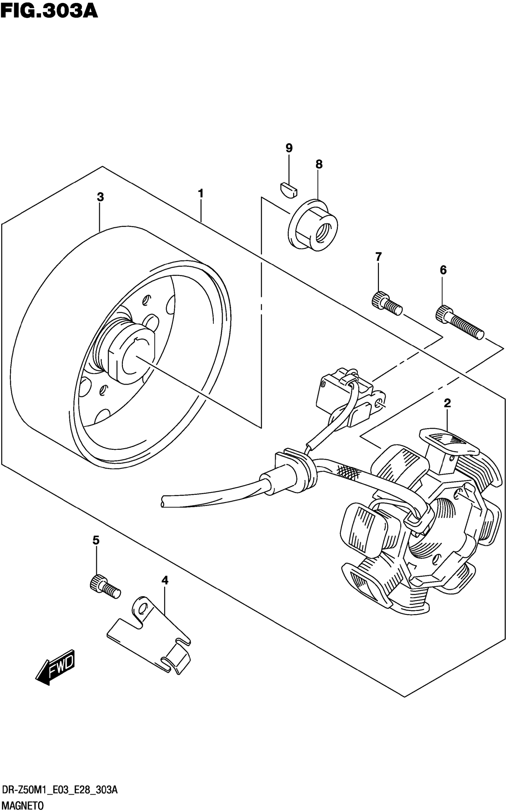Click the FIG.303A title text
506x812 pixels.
[49, 11]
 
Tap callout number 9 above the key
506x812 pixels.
[289, 148]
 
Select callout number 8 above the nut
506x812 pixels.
[318, 164]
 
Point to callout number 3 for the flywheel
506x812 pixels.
[100, 197]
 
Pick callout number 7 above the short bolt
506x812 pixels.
[378, 257]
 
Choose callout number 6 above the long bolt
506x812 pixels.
[443, 270]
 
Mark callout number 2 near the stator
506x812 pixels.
[447, 403]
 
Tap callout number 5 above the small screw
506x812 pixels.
[96, 540]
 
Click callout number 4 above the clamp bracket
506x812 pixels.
[165, 580]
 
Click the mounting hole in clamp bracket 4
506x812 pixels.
[143, 607]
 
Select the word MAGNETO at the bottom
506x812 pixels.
[22, 805]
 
